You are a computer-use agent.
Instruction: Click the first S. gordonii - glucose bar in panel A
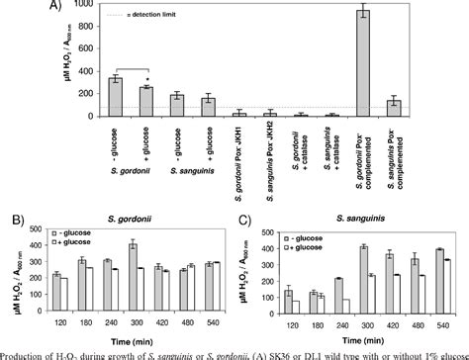click(115, 97)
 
